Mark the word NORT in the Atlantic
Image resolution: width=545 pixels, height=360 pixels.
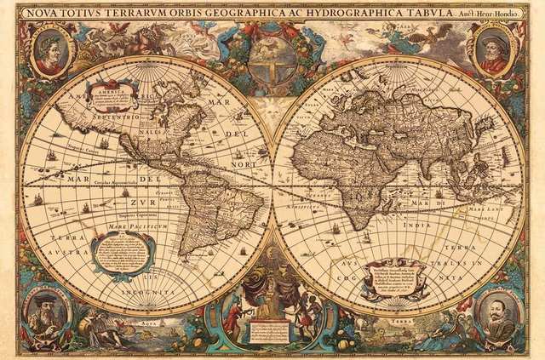coord(244,164)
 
